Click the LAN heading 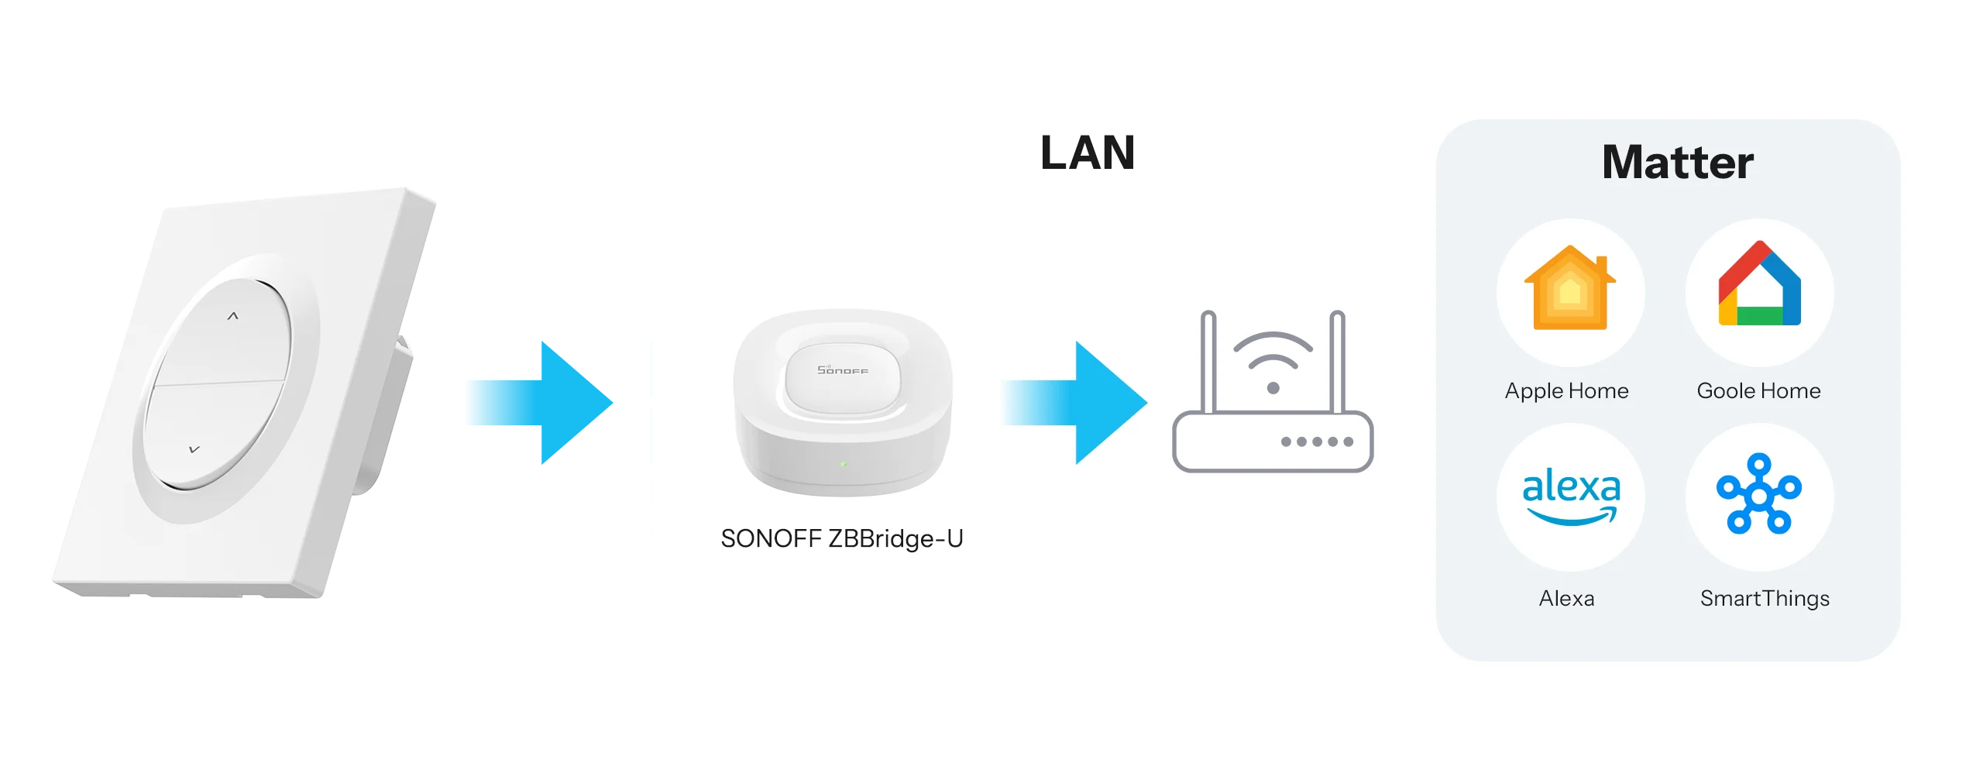click(1088, 153)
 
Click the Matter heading click(1677, 162)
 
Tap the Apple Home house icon click(1569, 288)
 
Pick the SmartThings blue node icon click(1759, 494)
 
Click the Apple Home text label click(1566, 391)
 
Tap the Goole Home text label click(1758, 391)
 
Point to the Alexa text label click(1566, 599)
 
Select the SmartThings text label click(1765, 599)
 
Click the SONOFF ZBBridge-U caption click(842, 539)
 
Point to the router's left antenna click(1208, 360)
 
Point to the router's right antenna click(1337, 360)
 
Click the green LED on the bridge click(843, 464)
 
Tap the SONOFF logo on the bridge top click(843, 369)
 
